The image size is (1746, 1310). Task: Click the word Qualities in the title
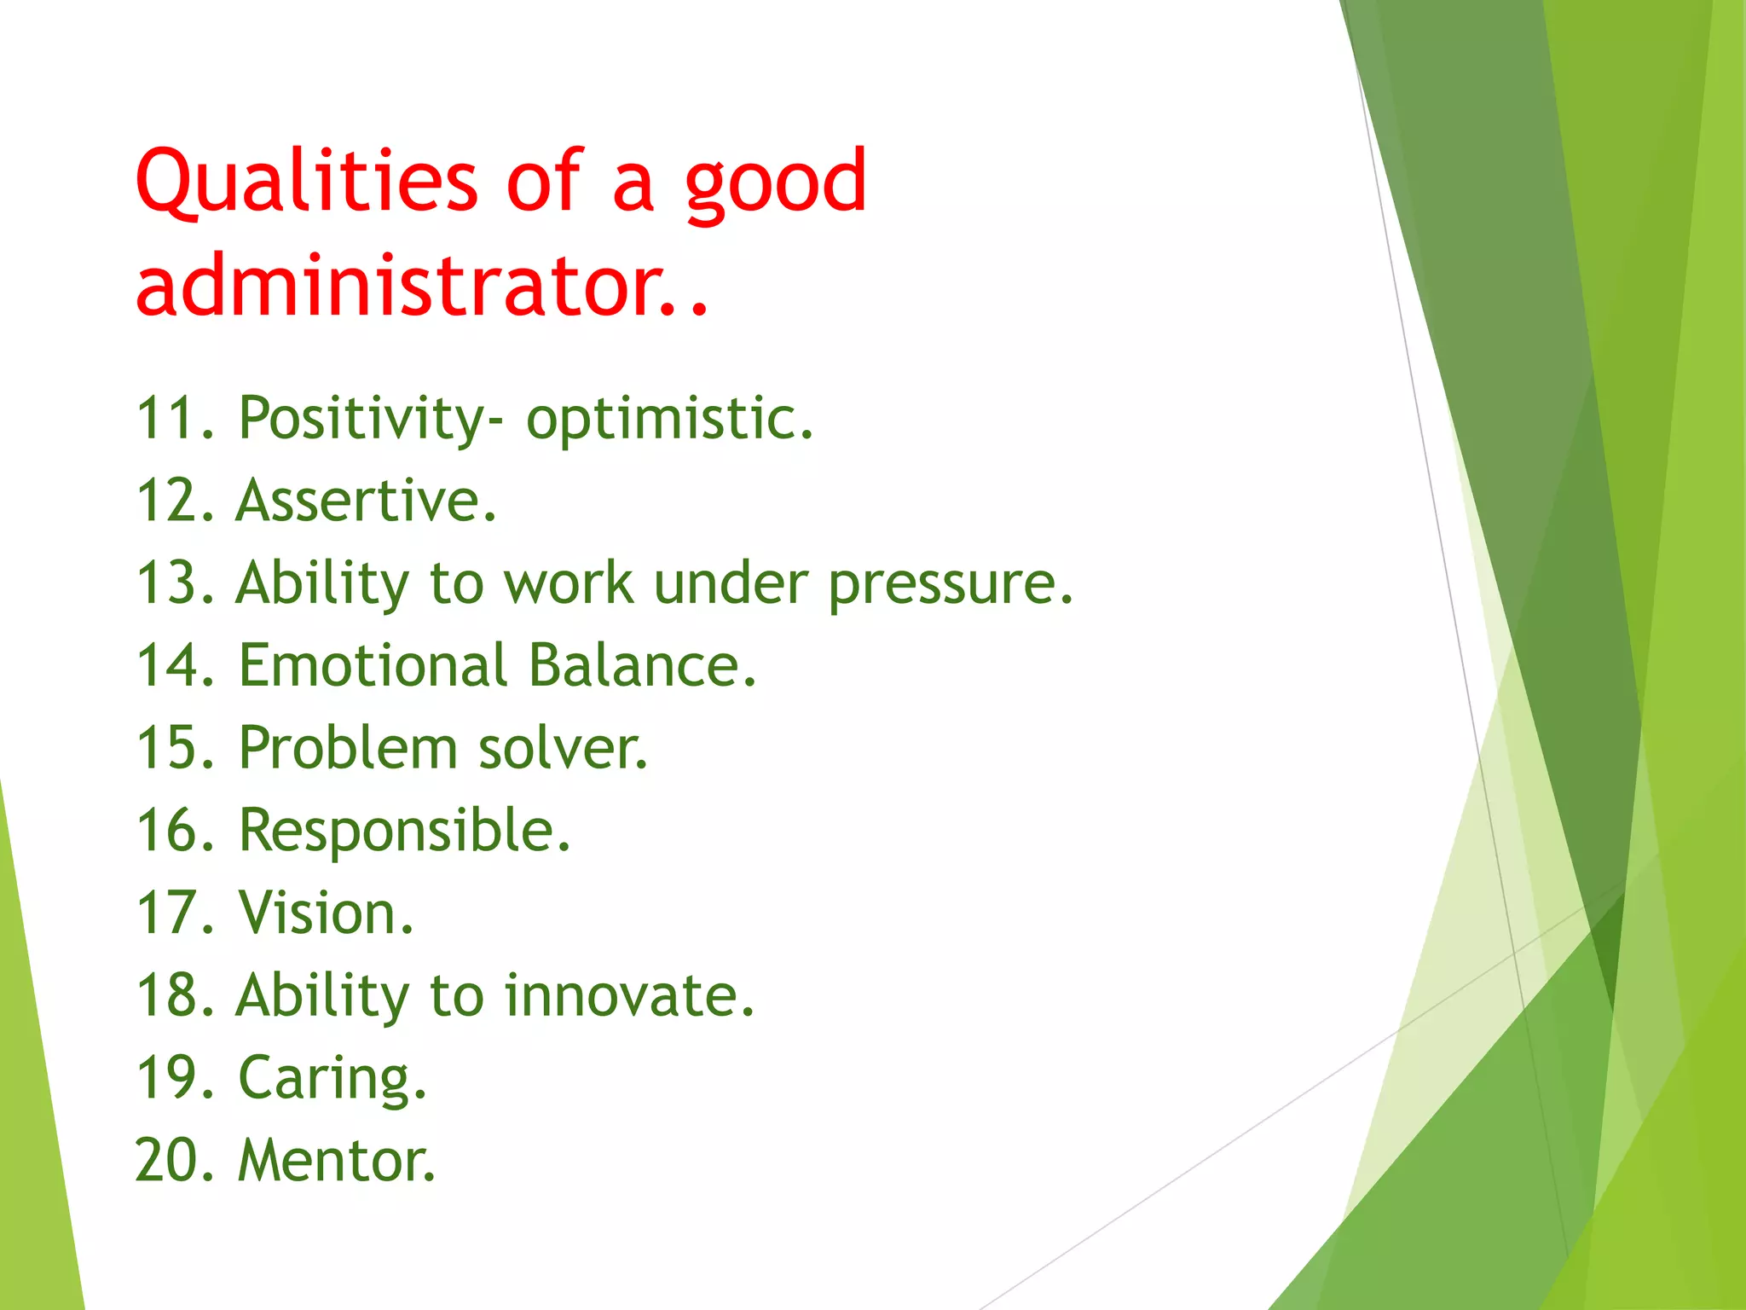pos(306,181)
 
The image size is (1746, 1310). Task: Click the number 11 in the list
pos(171,418)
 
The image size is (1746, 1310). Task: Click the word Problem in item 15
pos(348,748)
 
